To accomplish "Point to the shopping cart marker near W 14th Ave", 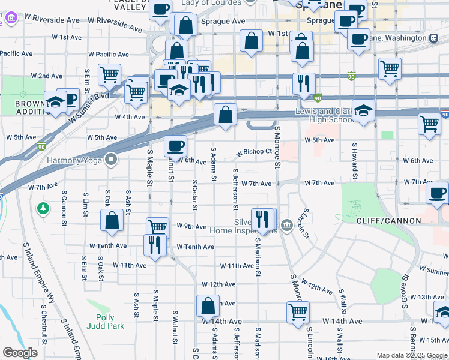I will click(298, 312).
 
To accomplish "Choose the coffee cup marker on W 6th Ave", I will click(176, 146).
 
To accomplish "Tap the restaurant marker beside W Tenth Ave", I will click(155, 244).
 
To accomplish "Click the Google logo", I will click(20, 353).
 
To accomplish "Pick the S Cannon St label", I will click(64, 208).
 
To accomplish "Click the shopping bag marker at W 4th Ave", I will click(225, 115).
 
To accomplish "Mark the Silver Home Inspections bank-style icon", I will click(286, 226).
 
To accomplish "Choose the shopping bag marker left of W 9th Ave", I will click(112, 220).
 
